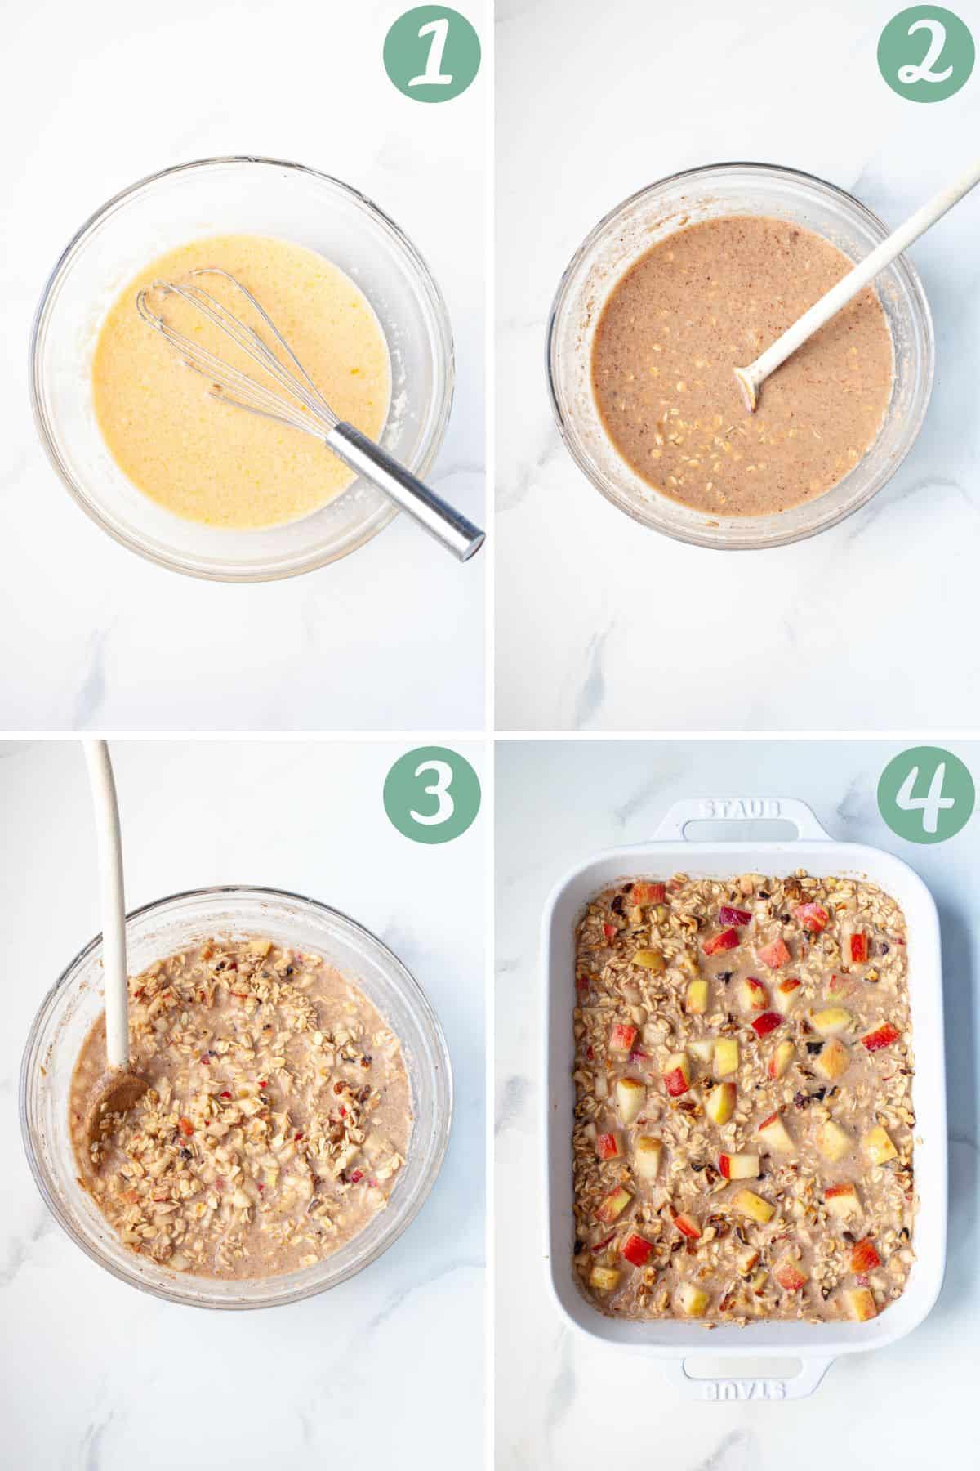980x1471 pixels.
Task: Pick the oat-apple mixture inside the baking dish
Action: [735, 1144]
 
